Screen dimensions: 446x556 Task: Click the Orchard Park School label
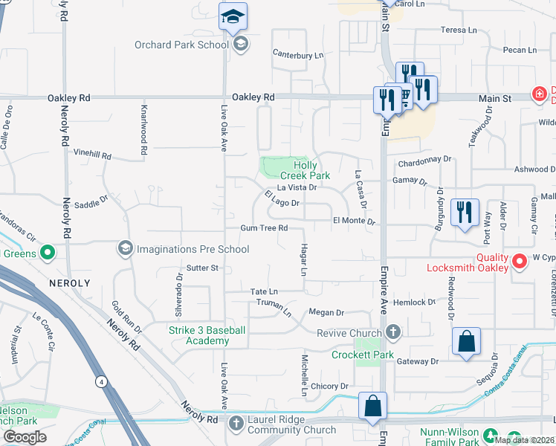(181, 45)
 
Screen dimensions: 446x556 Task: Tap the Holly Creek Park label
(311, 170)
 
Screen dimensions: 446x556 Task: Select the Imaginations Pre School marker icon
(125, 248)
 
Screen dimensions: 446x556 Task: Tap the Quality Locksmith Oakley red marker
(520, 260)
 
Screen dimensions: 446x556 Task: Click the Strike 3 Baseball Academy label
(205, 335)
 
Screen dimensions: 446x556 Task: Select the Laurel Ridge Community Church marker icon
(236, 424)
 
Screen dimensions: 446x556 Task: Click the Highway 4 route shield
(100, 381)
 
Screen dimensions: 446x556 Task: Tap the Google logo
(25, 437)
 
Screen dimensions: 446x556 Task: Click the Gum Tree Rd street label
(263, 228)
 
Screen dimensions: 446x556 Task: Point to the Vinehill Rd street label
(92, 157)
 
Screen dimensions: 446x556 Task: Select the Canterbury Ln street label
(298, 55)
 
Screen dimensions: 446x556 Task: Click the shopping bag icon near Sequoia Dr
(465, 342)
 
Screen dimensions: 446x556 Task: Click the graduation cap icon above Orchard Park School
(233, 16)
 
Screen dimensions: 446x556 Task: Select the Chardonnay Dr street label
(425, 159)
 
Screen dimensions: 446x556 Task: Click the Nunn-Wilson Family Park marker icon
(491, 434)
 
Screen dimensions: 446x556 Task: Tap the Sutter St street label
(202, 268)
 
